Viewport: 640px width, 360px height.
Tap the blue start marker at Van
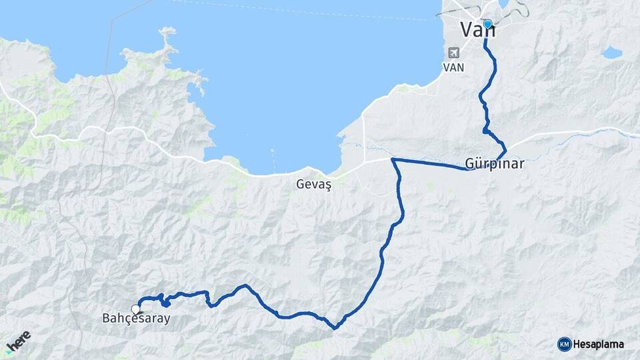[x=487, y=25]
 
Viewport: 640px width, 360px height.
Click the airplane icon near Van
[x=455, y=53]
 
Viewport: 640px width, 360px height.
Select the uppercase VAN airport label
[x=454, y=67]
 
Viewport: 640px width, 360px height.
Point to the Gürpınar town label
[x=495, y=164]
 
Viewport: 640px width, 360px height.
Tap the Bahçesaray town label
[x=136, y=319]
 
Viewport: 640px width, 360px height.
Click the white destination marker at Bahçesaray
[x=137, y=309]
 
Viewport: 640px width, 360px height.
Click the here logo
[x=19, y=342]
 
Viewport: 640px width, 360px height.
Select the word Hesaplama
[x=598, y=344]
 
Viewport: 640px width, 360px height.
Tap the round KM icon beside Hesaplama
[x=564, y=344]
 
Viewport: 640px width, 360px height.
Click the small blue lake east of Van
[x=611, y=52]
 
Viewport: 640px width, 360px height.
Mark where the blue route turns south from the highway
[x=393, y=160]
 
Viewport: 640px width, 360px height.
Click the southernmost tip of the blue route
[x=335, y=327]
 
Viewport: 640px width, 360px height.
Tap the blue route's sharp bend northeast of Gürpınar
[x=505, y=148]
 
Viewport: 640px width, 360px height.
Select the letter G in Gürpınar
[x=470, y=164]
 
